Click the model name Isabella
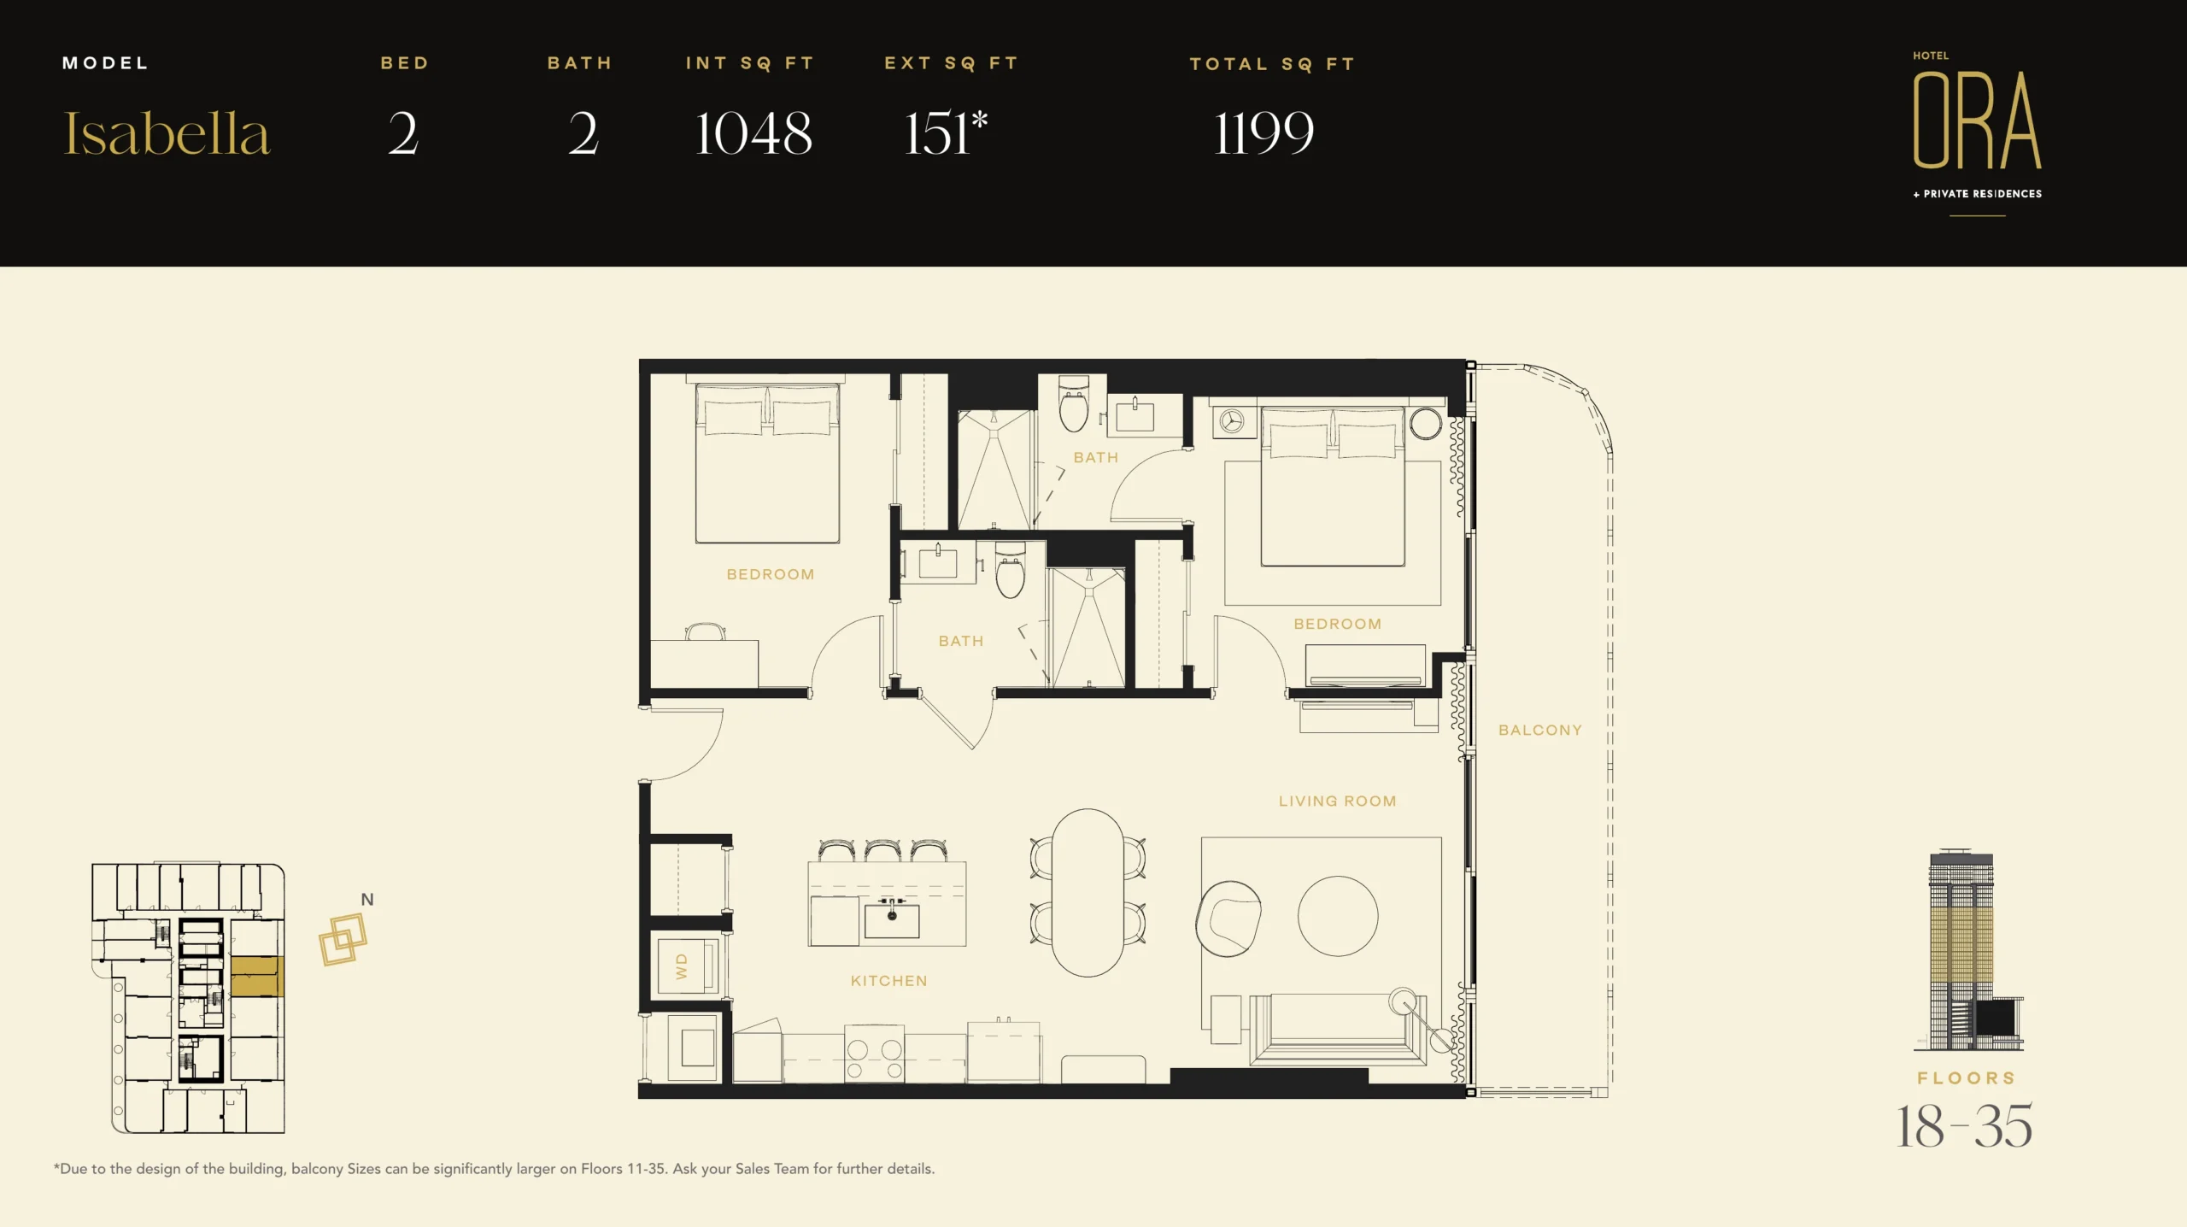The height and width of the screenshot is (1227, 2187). (x=167, y=133)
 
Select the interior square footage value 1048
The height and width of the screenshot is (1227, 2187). (x=753, y=133)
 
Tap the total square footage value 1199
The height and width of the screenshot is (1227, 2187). (x=1264, y=133)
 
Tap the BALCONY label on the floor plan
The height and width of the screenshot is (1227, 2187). (x=1540, y=731)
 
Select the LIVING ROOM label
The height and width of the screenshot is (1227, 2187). (x=1338, y=801)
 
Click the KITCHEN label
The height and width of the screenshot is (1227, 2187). (x=889, y=981)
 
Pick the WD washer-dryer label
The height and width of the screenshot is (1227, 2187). (x=682, y=966)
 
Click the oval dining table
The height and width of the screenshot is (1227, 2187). (x=1088, y=893)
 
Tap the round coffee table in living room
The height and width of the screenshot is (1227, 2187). (x=1338, y=916)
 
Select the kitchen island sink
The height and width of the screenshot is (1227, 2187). (x=892, y=919)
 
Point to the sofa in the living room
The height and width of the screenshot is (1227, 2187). (x=1338, y=1029)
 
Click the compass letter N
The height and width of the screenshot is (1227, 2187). (x=367, y=900)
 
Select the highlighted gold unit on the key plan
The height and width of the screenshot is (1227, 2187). (x=257, y=977)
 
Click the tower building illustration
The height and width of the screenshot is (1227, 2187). (x=1968, y=950)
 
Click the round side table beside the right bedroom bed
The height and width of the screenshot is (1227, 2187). (x=1426, y=424)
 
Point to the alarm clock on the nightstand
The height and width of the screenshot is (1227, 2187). (x=1232, y=422)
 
